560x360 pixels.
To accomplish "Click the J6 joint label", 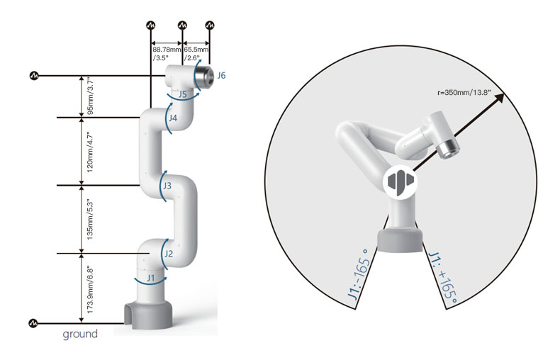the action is pos(221,75).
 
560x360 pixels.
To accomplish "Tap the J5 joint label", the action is pos(182,94).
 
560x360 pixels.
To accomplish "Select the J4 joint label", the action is pos(173,118).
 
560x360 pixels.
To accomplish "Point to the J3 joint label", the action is pos(167,186).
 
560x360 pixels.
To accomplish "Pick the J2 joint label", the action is pos(169,254).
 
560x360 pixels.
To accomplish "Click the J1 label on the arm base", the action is pos(151,277).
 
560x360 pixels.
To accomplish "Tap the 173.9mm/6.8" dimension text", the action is pos(90,291).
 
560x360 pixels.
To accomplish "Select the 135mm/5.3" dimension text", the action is pos(90,220).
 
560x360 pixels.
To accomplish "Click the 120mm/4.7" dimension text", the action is pos(90,152).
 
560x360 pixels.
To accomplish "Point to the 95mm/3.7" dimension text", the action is pos(90,97).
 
